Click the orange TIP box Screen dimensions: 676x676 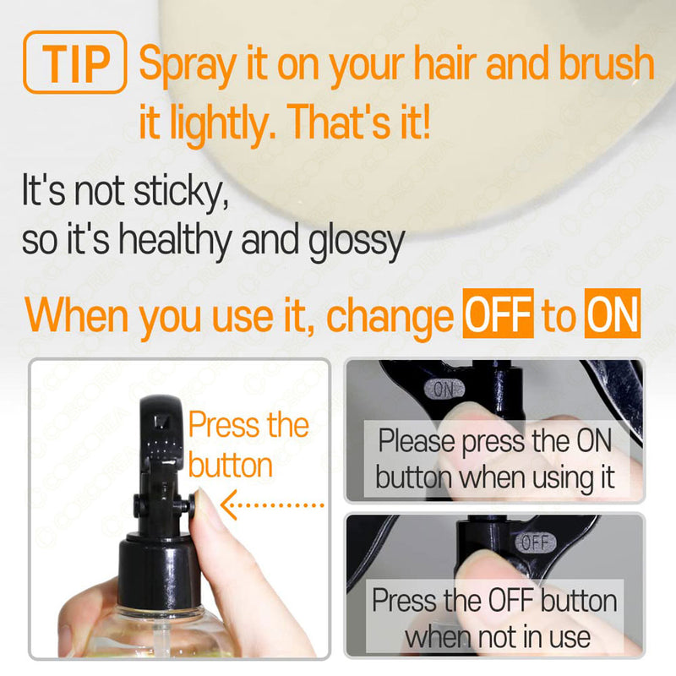[75, 62]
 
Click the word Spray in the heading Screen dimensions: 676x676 [187, 66]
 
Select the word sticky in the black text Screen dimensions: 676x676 [181, 194]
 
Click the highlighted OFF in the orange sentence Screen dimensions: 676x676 [498, 313]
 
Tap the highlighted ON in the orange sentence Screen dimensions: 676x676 [612, 313]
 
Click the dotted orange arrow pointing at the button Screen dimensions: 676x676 [272, 504]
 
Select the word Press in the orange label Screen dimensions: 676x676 [224, 425]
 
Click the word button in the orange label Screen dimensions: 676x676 [230, 465]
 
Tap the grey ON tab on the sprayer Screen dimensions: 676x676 [444, 390]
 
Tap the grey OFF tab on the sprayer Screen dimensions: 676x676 [536, 542]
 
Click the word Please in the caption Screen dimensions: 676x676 [417, 440]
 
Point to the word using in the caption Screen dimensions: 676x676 [562, 478]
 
